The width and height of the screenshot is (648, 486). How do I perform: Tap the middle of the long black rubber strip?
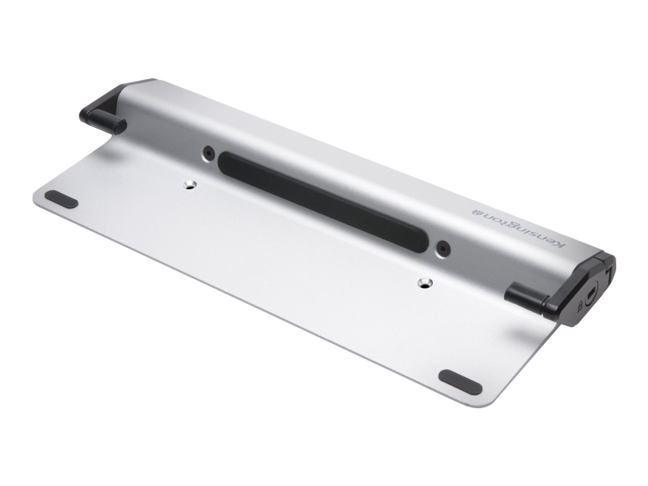pos(323,201)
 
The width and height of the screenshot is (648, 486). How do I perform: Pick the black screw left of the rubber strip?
pos(208,153)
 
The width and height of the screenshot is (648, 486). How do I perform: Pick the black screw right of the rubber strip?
pos(443,248)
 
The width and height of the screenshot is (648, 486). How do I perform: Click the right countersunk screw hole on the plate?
pos(424,283)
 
